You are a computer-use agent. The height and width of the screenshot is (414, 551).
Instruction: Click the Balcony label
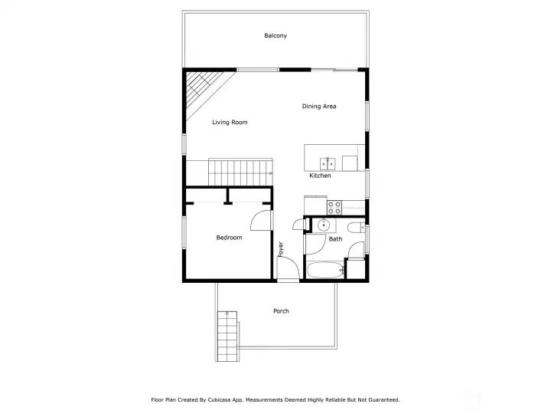[x=275, y=36]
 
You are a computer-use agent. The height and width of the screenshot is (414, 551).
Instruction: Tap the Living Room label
[x=230, y=123]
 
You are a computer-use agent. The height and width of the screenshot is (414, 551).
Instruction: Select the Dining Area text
[x=319, y=107]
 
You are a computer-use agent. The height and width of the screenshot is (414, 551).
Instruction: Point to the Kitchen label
[x=320, y=176]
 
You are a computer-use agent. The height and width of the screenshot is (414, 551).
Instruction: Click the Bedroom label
[x=229, y=238]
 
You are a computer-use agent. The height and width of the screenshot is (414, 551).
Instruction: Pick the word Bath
[x=335, y=239]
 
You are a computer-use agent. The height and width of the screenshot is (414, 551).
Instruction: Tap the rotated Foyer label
[x=281, y=248]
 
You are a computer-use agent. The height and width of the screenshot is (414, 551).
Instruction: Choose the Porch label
[x=281, y=311]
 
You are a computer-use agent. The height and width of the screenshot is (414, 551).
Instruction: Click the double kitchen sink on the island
[x=327, y=163]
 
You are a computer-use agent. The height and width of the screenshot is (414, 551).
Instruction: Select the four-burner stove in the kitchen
[x=334, y=206]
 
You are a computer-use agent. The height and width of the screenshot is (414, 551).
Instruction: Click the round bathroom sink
[x=323, y=225]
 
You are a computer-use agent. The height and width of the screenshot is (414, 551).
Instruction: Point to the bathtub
[x=324, y=271]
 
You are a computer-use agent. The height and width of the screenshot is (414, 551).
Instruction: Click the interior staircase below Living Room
[x=240, y=170]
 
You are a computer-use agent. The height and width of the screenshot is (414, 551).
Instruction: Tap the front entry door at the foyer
[x=288, y=270]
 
